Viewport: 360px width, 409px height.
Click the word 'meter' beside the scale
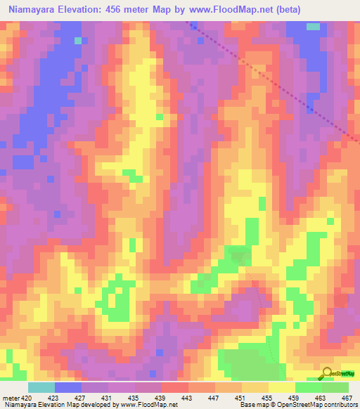pyautogui.click(x=11, y=397)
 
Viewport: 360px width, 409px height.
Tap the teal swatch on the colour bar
pyautogui.click(x=41, y=387)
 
